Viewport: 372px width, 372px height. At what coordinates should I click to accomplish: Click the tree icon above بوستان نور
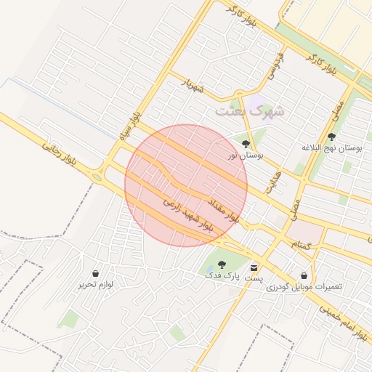pos(246,144)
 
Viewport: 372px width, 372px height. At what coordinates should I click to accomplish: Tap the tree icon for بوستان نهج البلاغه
pos(331,136)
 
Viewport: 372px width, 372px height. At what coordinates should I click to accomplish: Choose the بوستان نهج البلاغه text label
pos(332,147)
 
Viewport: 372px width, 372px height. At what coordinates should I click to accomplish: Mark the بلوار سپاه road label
pos(130,123)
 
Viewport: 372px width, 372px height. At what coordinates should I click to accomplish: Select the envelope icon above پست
pos(254,267)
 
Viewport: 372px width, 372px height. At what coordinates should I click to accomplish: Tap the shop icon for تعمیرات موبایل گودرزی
pos(304,275)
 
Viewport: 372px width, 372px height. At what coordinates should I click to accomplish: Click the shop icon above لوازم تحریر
pos(96,274)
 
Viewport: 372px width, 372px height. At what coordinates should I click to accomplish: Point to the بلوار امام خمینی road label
pos(341,319)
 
